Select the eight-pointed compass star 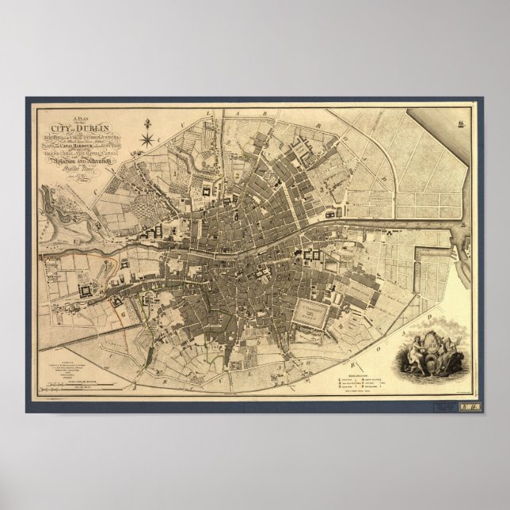[147, 140]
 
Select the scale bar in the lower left [79, 386]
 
